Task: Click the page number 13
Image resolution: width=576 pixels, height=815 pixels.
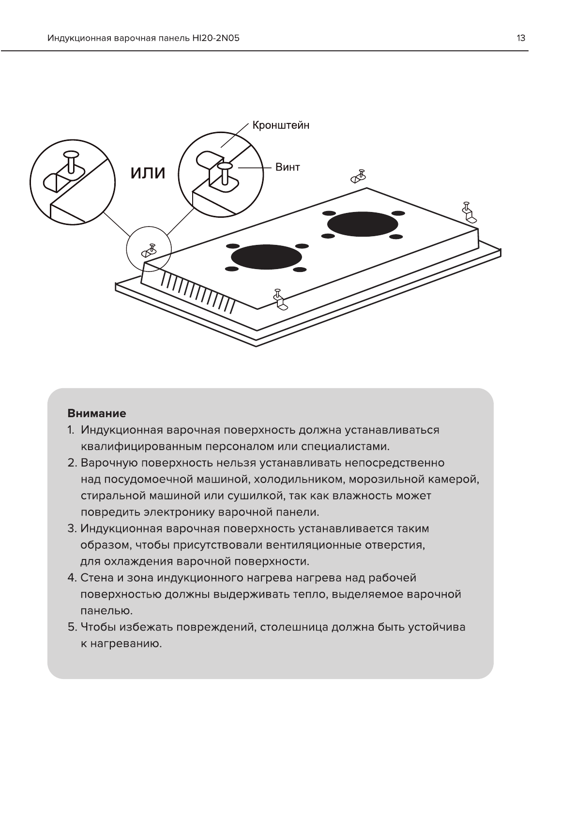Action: click(x=521, y=38)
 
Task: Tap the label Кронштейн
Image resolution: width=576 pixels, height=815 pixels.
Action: click(x=281, y=125)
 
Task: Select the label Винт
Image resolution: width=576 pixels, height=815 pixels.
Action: click(x=288, y=167)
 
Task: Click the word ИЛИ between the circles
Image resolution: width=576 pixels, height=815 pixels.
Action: click(x=147, y=173)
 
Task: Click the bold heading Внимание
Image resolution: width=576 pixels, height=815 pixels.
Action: click(x=97, y=413)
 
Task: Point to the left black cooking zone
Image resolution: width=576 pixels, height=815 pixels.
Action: click(x=266, y=257)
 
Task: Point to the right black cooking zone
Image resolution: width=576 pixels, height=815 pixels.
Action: click(x=363, y=224)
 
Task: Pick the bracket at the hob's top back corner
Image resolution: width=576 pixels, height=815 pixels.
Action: click(x=358, y=176)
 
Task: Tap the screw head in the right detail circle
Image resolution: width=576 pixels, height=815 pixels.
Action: click(x=225, y=166)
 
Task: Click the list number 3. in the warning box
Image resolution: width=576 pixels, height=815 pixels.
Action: click(x=72, y=528)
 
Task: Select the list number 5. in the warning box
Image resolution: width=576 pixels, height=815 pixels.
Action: click(x=72, y=627)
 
